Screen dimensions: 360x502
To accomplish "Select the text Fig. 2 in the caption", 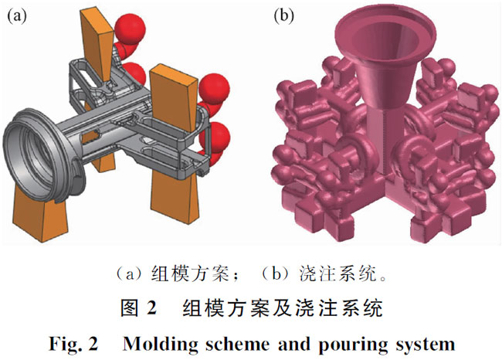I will coord(75,341).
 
